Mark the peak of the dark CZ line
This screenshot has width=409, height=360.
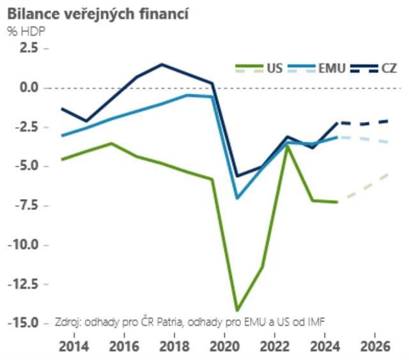162,64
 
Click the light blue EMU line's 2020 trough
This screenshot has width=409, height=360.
237,198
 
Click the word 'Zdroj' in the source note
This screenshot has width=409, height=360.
68,321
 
